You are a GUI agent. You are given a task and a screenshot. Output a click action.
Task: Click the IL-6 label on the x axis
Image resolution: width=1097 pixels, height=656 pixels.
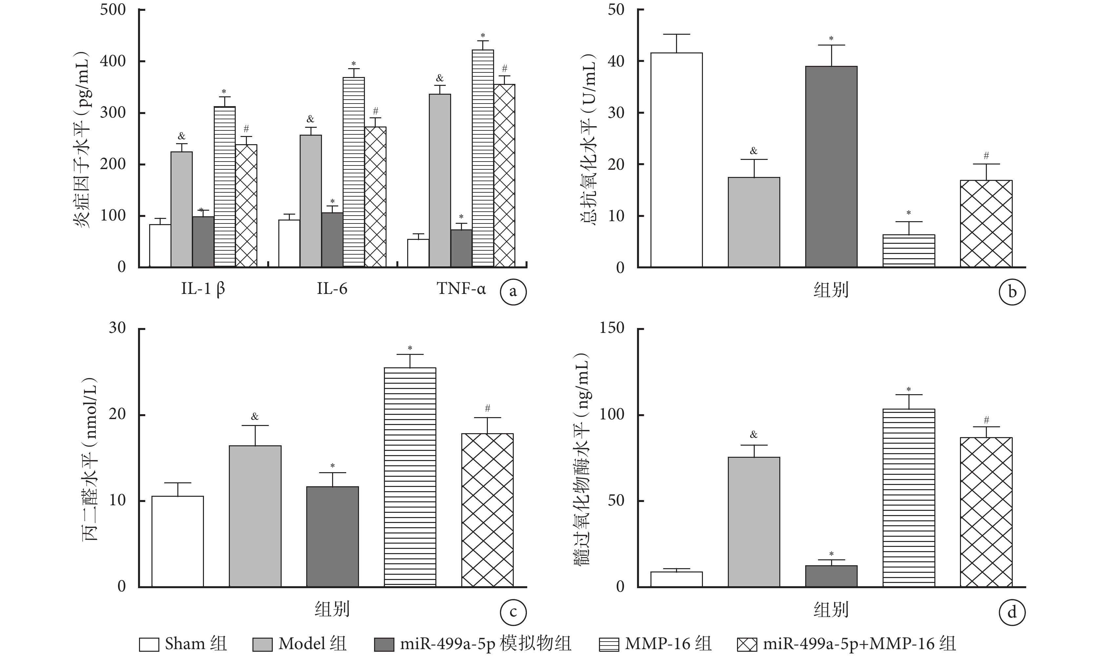coord(332,289)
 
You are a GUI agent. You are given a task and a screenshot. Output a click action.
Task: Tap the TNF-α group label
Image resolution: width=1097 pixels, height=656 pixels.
coord(461,289)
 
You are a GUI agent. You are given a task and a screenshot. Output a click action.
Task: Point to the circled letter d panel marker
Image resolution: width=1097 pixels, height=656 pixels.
coord(1012,612)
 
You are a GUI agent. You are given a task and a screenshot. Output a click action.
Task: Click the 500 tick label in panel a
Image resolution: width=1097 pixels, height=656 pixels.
coord(113,10)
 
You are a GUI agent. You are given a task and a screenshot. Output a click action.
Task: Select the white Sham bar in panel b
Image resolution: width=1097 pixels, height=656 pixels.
coord(676,160)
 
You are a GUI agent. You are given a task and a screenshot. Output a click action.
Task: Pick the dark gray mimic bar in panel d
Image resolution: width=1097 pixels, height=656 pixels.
coord(831,576)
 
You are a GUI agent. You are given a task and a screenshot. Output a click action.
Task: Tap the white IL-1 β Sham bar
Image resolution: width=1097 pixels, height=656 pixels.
coord(160,245)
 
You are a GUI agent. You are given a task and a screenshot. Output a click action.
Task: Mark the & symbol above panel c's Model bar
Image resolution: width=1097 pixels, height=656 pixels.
coord(255,416)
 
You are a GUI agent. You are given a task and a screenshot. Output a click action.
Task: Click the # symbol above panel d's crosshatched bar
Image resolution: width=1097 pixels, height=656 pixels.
coord(986,420)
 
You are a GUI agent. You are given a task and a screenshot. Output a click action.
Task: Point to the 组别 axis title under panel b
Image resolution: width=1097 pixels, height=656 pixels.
coord(831,290)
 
